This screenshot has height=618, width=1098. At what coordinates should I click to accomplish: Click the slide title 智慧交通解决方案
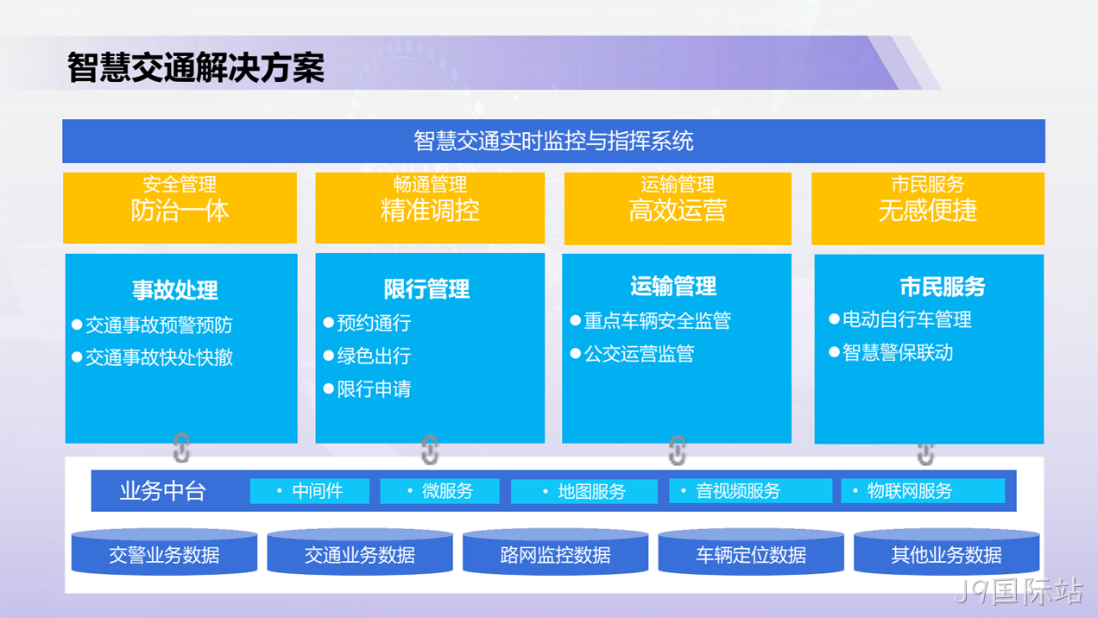[196, 67]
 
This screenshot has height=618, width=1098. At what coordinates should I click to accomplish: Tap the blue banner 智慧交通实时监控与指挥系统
[553, 142]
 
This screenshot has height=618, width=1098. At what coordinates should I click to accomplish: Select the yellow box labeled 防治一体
[180, 208]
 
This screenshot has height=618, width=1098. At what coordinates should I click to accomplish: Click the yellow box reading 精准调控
[430, 208]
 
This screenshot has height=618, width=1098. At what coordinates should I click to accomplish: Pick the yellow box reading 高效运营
[678, 208]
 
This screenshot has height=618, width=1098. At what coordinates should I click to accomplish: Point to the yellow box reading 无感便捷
[928, 208]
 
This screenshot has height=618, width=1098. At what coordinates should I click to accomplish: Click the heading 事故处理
[175, 290]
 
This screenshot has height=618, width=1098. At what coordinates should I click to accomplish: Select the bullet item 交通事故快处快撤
[153, 357]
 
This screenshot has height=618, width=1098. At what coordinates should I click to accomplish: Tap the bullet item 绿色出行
[368, 356]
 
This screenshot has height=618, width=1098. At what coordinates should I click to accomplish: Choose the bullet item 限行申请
[368, 389]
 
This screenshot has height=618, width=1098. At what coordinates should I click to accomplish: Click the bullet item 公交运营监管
[633, 353]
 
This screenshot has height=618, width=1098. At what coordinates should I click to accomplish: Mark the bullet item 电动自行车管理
[900, 319]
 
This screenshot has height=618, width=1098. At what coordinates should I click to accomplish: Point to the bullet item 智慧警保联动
[891, 352]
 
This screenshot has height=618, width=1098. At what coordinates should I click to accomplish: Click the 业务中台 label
[163, 490]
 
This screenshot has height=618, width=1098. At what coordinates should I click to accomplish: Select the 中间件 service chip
[310, 491]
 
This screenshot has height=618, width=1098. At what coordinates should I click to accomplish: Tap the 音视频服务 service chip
[750, 491]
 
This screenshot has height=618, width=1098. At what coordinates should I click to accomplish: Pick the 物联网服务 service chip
[923, 491]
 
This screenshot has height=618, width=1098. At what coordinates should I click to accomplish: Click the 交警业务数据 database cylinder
[164, 552]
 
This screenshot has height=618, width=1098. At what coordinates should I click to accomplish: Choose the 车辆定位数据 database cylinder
[751, 552]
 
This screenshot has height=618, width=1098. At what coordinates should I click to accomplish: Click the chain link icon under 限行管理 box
[430, 450]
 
